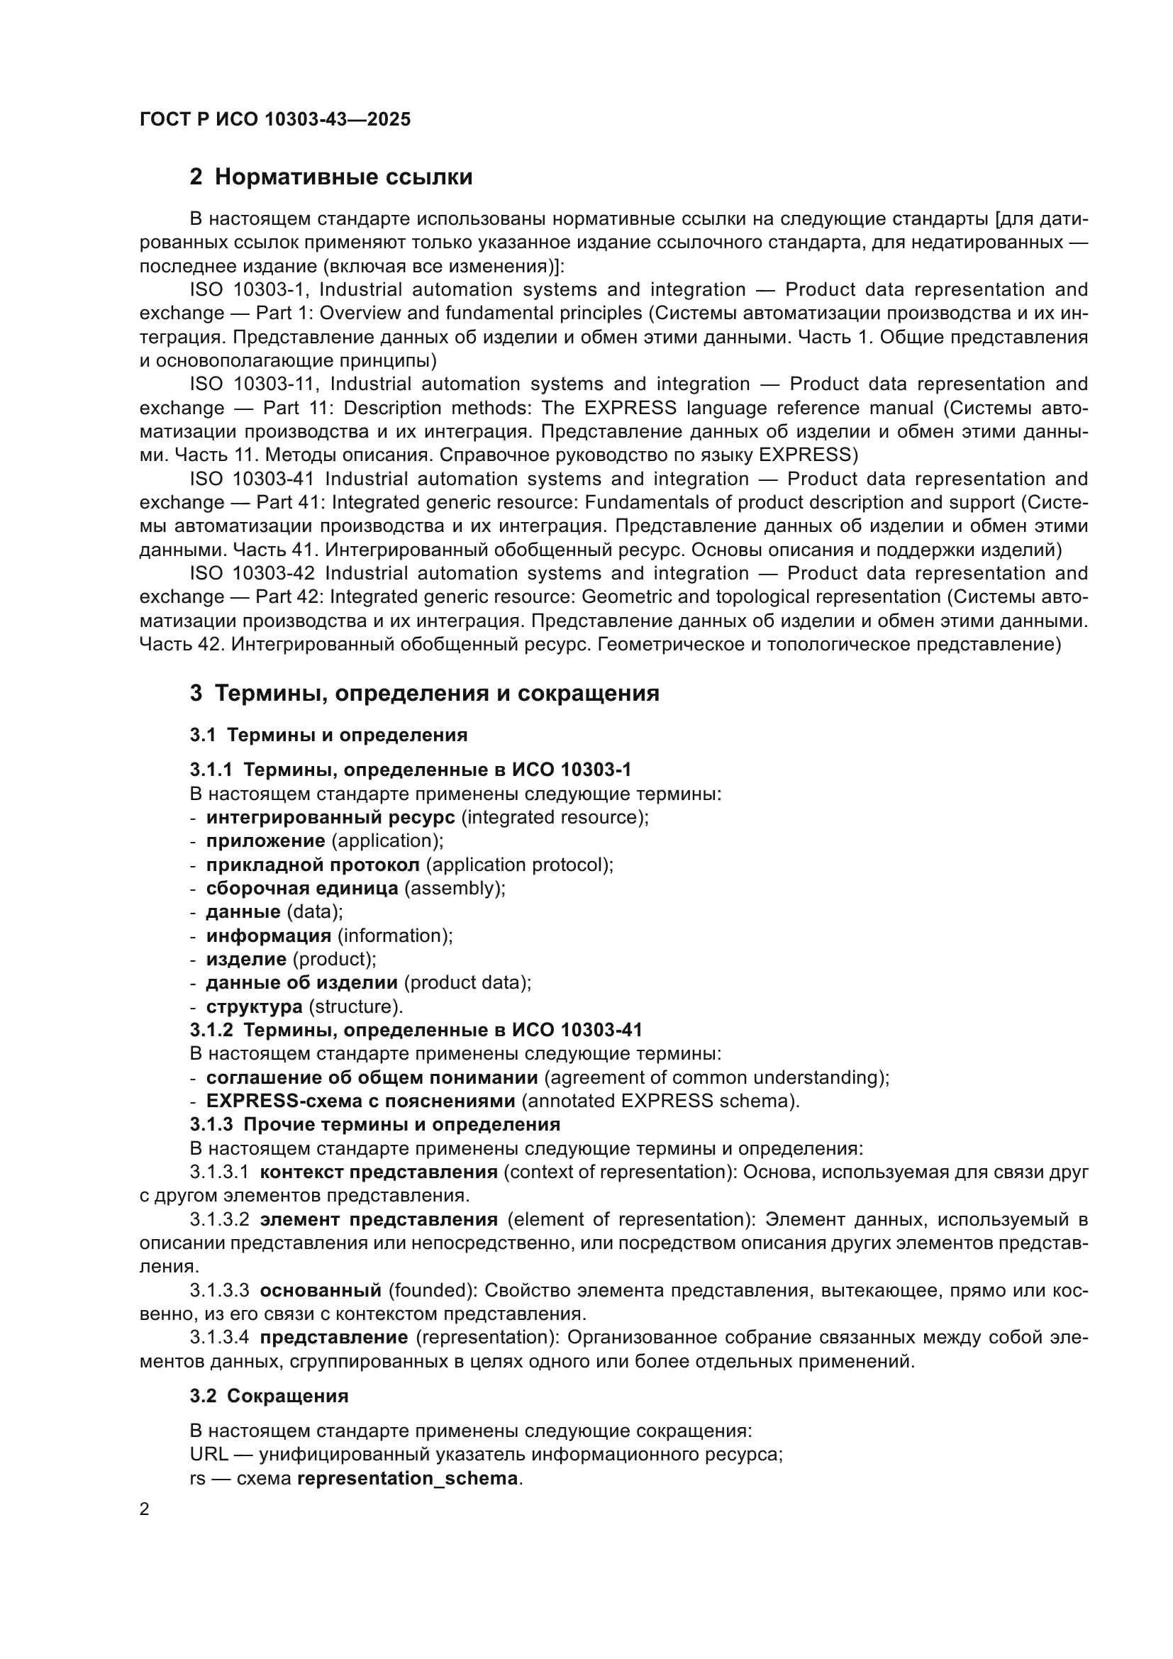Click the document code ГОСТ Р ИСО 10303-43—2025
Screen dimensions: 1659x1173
click(274, 119)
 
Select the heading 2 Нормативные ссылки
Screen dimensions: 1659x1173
click(330, 177)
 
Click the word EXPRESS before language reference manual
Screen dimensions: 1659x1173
click(630, 408)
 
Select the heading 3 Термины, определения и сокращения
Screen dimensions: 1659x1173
click(424, 693)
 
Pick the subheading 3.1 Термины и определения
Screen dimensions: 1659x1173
click(328, 735)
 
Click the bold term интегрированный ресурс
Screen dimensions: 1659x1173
click(330, 817)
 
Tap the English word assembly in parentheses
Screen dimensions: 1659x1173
click(454, 888)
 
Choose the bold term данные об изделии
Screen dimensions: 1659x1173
click(301, 982)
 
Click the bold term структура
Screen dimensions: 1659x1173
click(255, 1006)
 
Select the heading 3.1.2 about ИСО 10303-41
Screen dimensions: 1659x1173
click(416, 1030)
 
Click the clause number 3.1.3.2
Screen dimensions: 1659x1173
click(220, 1220)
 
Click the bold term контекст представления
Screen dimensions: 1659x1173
click(379, 1172)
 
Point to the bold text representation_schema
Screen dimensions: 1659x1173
click(407, 1478)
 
